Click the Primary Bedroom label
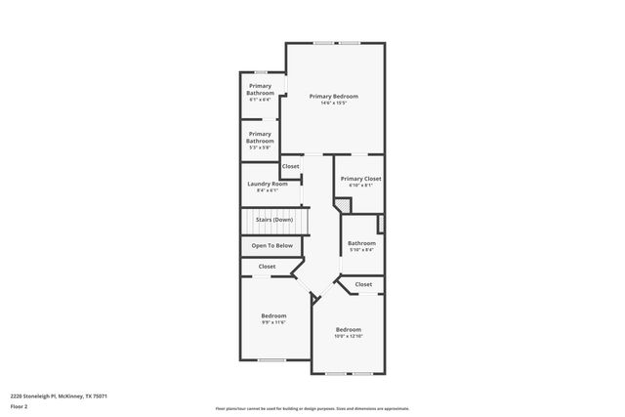click(x=334, y=96)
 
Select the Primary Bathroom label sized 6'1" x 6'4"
click(x=260, y=90)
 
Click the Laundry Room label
click(x=267, y=184)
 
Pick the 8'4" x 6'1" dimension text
click(x=267, y=190)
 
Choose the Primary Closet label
click(x=360, y=179)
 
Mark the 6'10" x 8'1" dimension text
click(x=360, y=186)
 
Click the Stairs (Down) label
click(x=274, y=220)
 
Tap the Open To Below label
click(x=272, y=245)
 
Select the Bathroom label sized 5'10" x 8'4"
click(x=361, y=243)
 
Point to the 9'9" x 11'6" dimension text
click(x=273, y=322)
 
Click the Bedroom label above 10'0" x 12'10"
click(x=349, y=329)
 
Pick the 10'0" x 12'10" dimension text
click(x=349, y=337)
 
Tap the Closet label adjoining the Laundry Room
click(x=291, y=166)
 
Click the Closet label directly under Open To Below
click(x=267, y=267)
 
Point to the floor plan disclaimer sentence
click(x=312, y=408)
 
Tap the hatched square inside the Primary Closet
click(x=341, y=205)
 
